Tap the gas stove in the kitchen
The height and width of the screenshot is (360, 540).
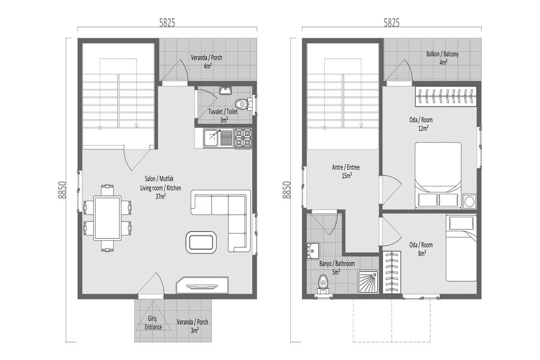point(243,138)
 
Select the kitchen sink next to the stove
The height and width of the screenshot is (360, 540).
point(218,138)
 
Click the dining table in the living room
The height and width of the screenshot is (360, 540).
point(107,218)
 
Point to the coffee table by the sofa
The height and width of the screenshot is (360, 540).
point(201,243)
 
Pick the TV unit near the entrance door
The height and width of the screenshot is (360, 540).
point(202,285)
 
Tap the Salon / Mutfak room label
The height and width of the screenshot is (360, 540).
point(159,179)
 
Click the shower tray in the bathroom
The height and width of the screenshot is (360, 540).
point(368,282)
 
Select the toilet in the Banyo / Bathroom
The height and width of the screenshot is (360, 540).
point(323,285)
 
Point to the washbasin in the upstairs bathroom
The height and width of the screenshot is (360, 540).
point(313,251)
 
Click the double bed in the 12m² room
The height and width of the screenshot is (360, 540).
point(438,175)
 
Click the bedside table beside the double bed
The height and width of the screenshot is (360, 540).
point(469,201)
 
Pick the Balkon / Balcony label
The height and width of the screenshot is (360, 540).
point(442,54)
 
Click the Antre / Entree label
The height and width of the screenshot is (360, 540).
point(346,167)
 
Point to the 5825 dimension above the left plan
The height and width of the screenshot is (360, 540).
point(167,23)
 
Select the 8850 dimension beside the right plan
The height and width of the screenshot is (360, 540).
point(287,190)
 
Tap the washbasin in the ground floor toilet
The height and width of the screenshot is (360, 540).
point(225,90)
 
